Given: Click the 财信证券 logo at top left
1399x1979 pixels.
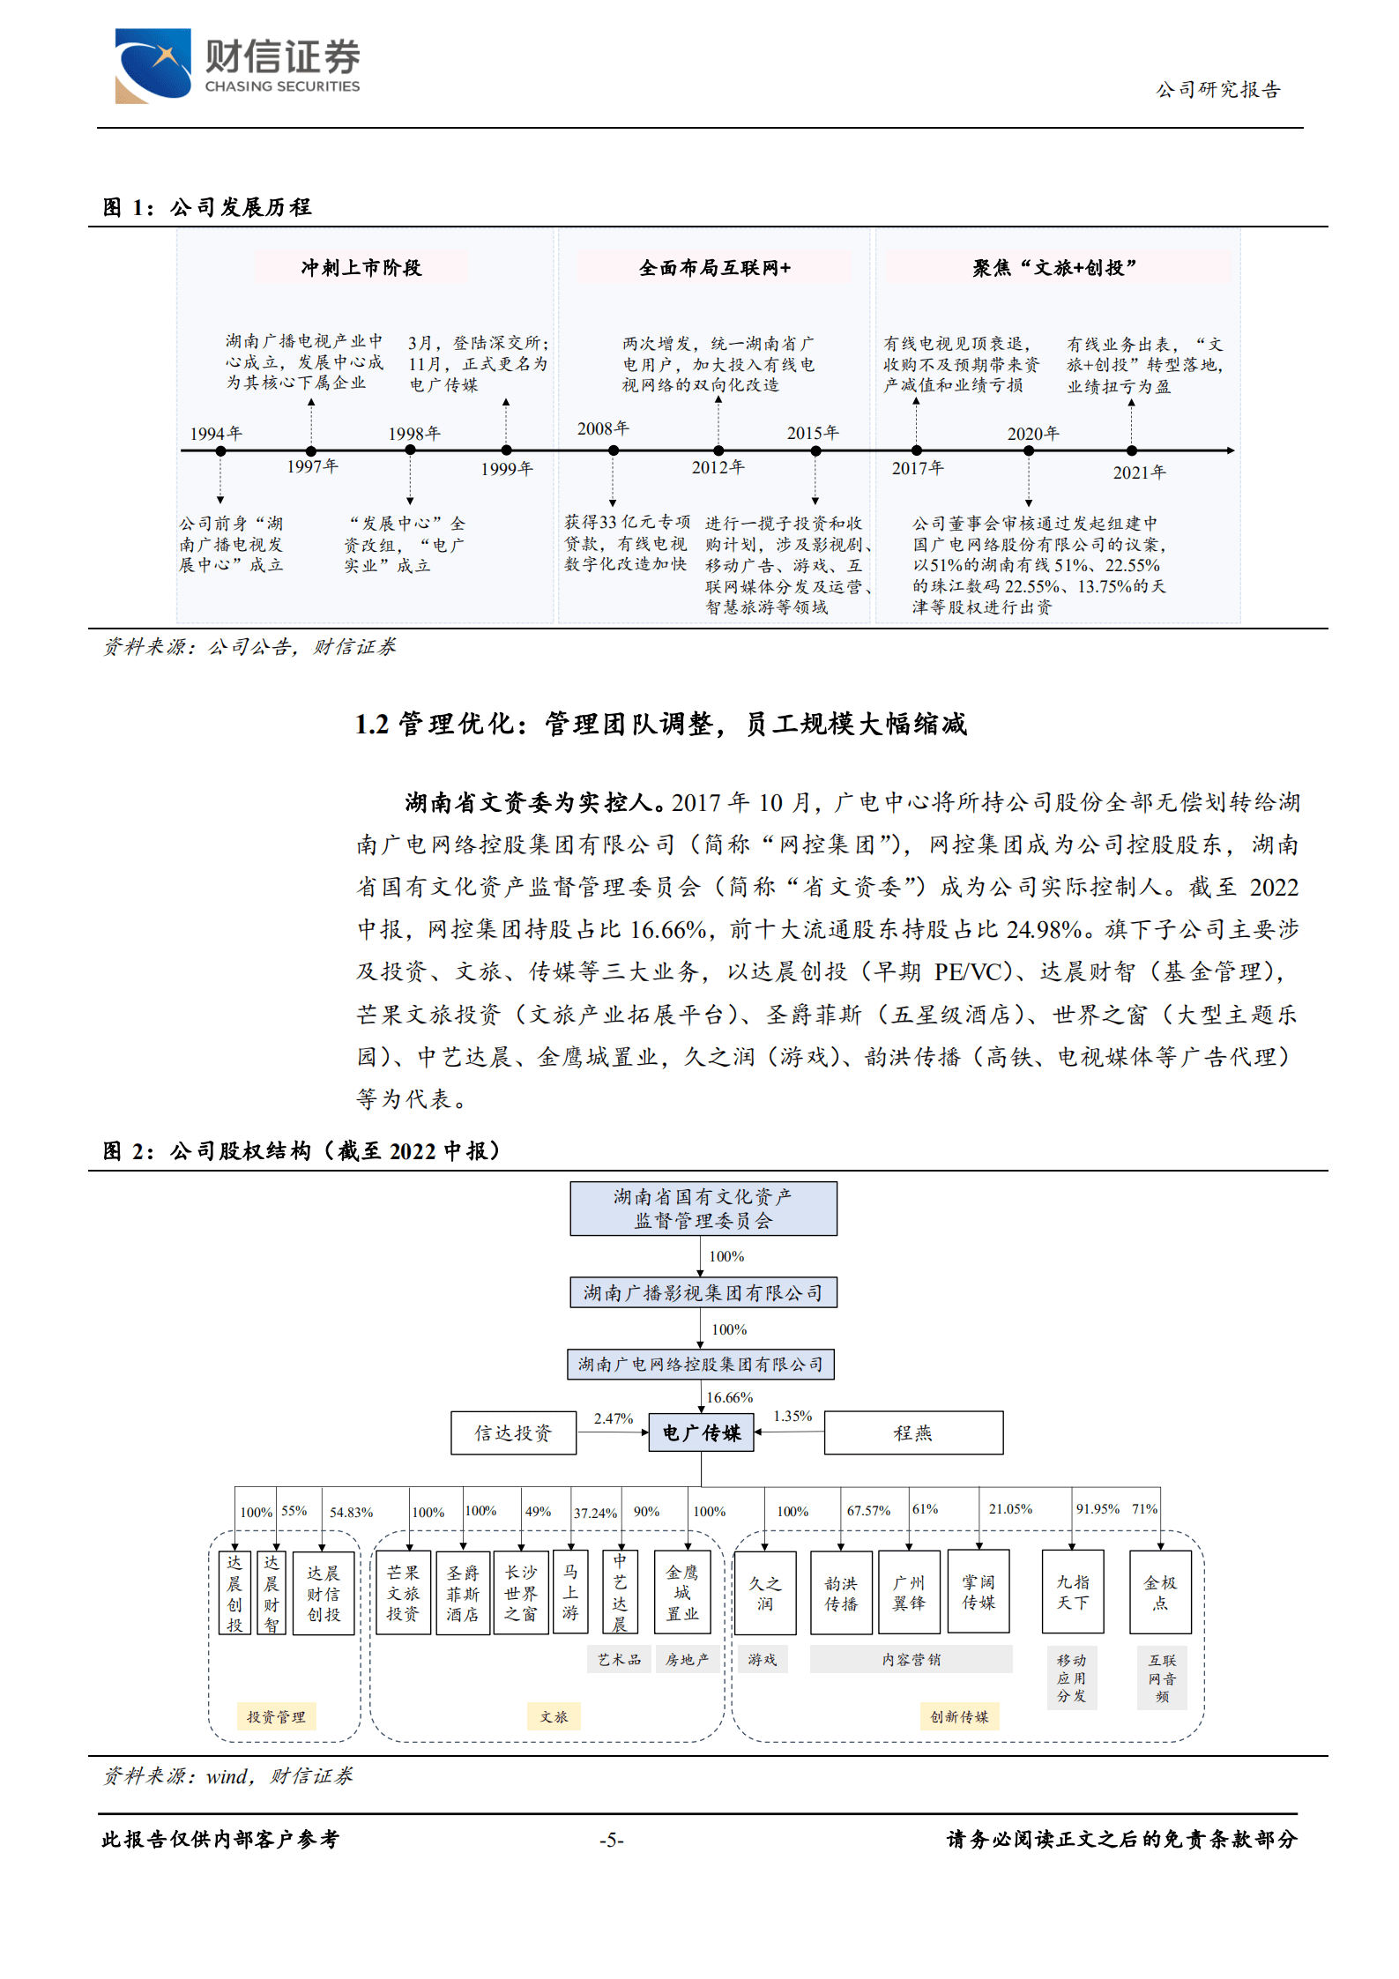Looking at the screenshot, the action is [237, 66].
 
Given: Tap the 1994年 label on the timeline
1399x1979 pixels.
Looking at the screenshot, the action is [216, 434].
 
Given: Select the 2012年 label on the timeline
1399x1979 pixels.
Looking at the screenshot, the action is [718, 467].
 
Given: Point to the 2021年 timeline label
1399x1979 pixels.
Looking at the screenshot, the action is [1139, 472].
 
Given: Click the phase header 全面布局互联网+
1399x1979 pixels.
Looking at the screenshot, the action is [715, 268].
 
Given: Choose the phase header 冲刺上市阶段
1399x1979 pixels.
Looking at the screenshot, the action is [361, 268].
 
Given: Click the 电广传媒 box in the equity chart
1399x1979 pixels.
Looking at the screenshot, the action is [702, 1432].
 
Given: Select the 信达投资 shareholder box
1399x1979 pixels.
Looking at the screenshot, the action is [513, 1433].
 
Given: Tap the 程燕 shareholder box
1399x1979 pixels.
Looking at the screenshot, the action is [913, 1433].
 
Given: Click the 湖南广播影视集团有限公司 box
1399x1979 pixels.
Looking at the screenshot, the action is [703, 1293].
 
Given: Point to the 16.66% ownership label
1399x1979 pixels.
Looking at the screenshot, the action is [730, 1397].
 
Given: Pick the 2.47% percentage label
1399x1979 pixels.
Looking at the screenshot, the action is [614, 1418].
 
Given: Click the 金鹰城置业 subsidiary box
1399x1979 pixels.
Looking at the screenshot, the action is [681, 1593].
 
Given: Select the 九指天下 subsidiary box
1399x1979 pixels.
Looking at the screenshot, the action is [1073, 1592].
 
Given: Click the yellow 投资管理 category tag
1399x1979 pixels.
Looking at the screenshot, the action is [276, 1716].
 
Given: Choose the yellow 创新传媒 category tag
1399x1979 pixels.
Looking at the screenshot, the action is [959, 1716].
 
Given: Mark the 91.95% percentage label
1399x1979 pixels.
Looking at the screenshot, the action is [1098, 1509].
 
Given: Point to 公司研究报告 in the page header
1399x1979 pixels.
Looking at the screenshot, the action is [1217, 90].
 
